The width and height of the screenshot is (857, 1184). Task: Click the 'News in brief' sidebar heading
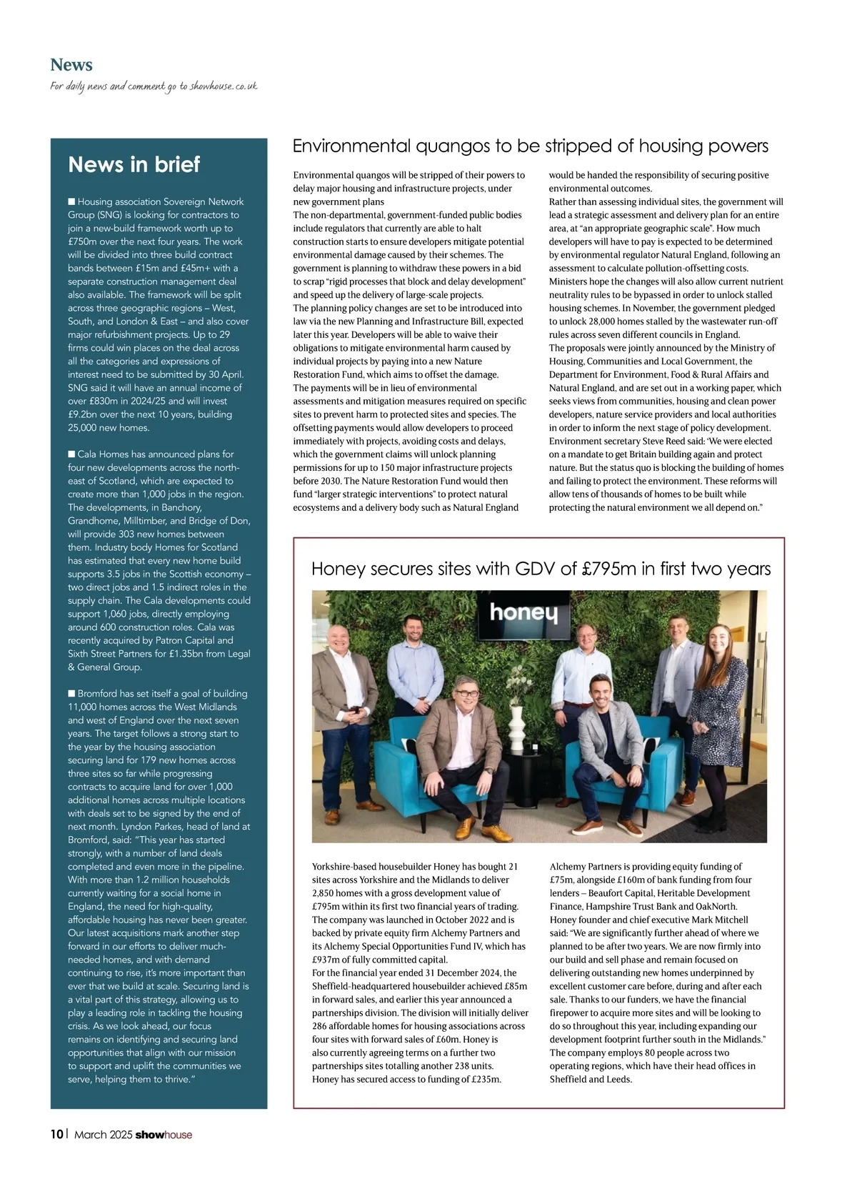click(134, 164)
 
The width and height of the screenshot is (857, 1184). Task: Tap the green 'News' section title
click(71, 65)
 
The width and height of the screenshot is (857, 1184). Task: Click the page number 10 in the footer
click(56, 1134)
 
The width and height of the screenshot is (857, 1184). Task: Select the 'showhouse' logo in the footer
click(164, 1135)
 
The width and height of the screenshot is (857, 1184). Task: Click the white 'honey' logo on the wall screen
click(523, 613)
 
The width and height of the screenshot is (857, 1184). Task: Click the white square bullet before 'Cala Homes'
click(71, 454)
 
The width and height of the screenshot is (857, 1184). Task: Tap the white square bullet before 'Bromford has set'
click(71, 694)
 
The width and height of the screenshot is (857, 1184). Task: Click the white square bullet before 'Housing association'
click(71, 202)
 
